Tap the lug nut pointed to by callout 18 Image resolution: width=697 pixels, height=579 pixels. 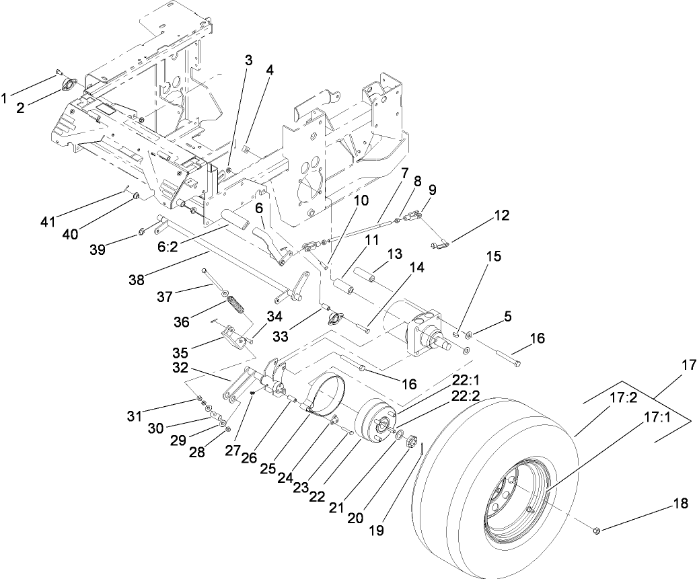[595, 531]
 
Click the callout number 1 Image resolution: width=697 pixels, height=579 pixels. [6, 98]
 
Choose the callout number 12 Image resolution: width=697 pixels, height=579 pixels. [500, 216]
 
